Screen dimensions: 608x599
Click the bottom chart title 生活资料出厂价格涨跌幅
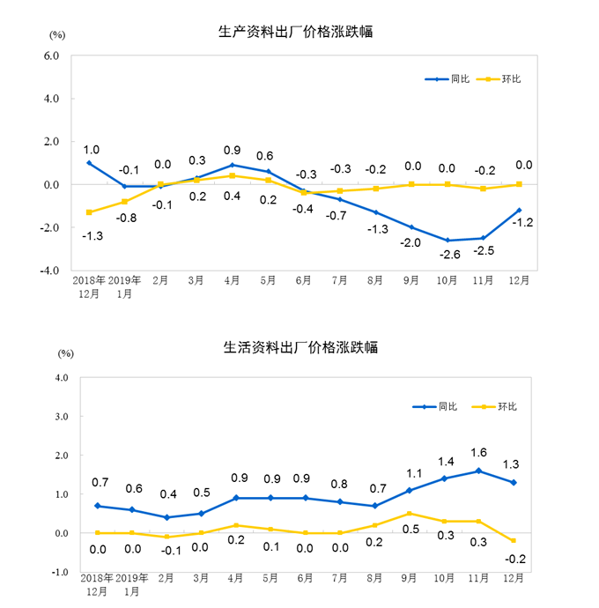point(300,347)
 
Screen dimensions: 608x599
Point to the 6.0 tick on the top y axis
point(50,56)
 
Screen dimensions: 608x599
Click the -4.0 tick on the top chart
point(48,270)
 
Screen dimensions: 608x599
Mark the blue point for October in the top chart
point(447,240)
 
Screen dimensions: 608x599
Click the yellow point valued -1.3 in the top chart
point(89,212)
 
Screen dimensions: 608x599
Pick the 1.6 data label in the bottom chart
point(478,453)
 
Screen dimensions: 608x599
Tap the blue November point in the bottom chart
point(478,471)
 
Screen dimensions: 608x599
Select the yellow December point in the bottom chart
point(514,541)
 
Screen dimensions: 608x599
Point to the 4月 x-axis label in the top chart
point(233,282)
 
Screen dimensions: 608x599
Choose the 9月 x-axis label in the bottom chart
point(410,579)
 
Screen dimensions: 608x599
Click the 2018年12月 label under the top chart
point(89,287)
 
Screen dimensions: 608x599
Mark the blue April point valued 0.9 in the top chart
point(233,165)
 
